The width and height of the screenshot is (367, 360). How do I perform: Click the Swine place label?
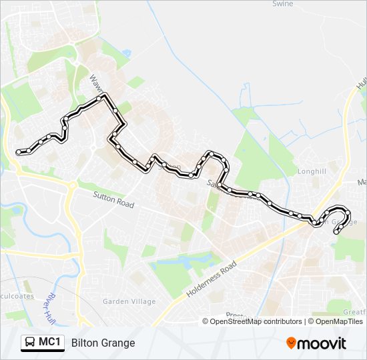[283, 4]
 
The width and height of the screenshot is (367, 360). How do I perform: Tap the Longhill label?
[312, 171]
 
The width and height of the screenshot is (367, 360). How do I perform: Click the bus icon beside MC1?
[30, 343]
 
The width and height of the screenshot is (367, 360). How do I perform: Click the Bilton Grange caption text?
[103, 343]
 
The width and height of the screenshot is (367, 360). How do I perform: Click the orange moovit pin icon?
[292, 343]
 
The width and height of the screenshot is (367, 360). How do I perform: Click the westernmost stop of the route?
[18, 152]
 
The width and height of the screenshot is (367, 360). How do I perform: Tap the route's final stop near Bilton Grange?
[335, 232]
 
